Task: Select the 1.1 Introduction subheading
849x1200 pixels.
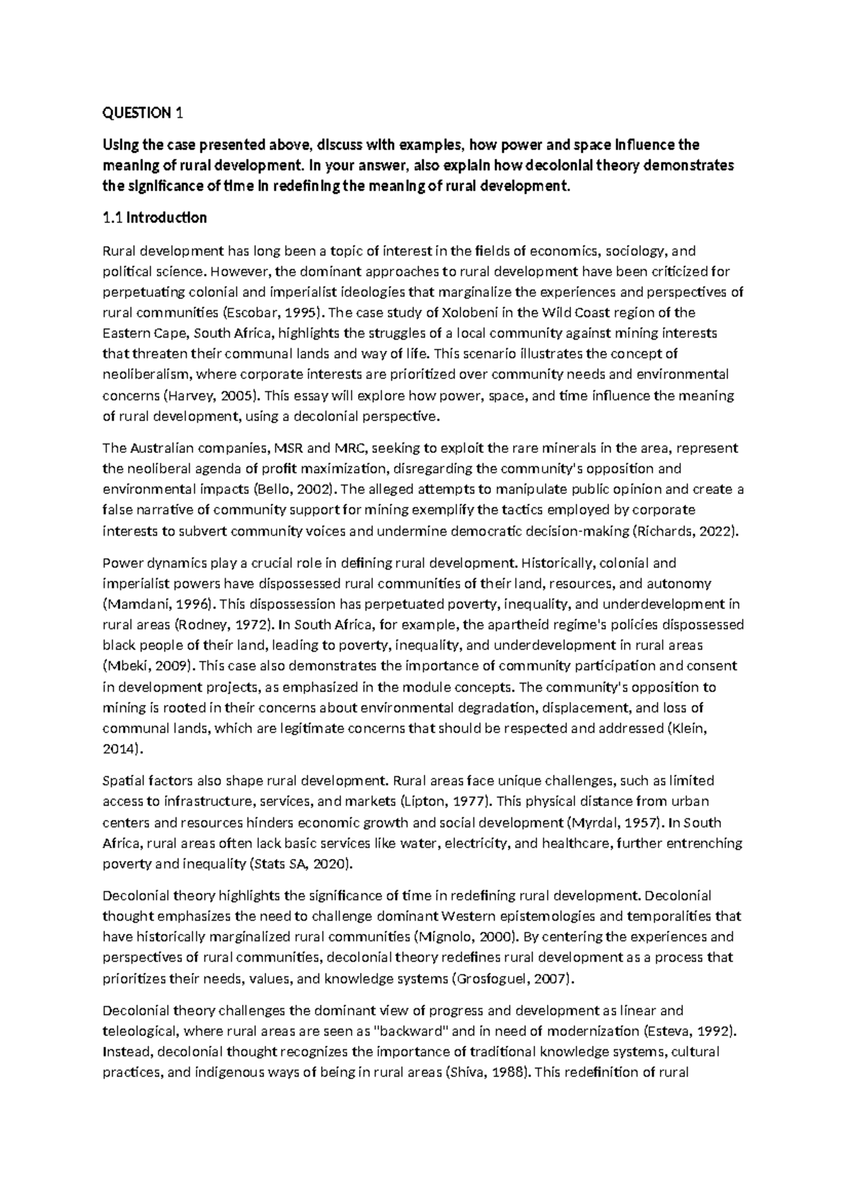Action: [x=155, y=217]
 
